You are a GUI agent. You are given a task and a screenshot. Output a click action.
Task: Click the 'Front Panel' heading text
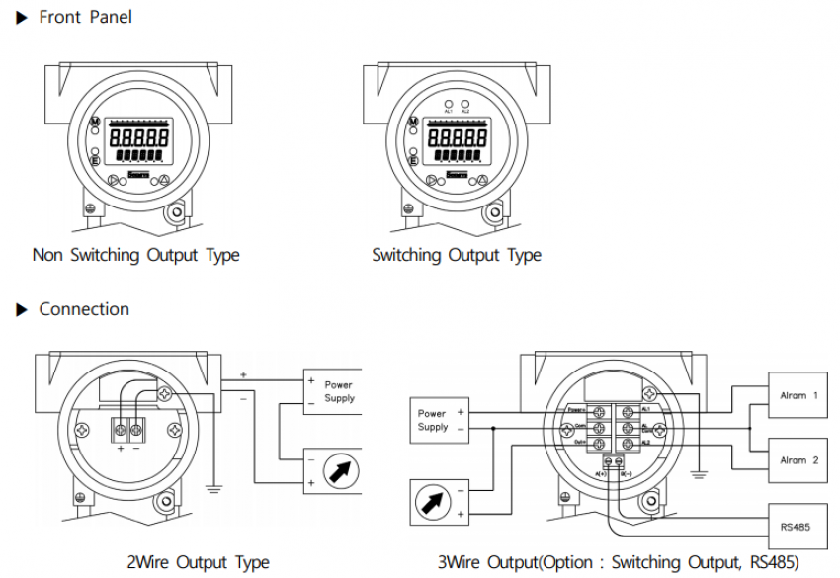(x=85, y=17)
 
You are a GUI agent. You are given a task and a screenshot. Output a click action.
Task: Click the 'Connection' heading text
(x=84, y=309)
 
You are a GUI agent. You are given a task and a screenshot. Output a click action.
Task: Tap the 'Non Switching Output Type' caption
(x=136, y=255)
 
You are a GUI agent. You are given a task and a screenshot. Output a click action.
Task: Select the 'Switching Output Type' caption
(x=457, y=255)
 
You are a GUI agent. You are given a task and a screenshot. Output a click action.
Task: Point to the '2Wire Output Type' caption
(x=198, y=562)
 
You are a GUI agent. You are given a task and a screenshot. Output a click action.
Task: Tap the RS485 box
(x=796, y=527)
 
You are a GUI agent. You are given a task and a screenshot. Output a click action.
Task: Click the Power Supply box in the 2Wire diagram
(x=330, y=391)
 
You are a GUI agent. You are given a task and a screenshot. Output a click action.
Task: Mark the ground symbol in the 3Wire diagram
(x=699, y=474)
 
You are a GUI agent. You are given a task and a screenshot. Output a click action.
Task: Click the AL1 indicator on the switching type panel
(x=448, y=103)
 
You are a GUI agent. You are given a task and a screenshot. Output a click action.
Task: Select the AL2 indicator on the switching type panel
(x=465, y=103)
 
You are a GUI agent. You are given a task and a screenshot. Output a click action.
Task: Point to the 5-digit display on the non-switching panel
(x=137, y=138)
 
